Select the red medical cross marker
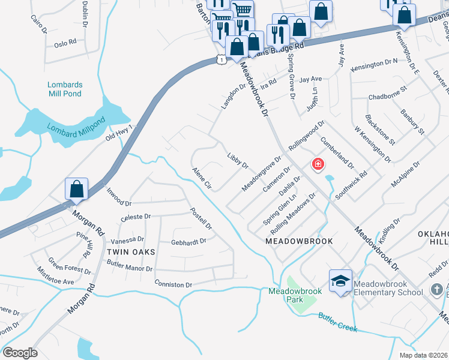(x=317, y=164)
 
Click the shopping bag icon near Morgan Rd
(x=77, y=189)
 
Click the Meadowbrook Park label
(x=295, y=295)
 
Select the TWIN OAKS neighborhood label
(x=131, y=252)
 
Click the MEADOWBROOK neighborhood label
(x=298, y=240)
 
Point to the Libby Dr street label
(x=238, y=160)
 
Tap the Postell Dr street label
(x=201, y=219)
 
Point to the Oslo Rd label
(x=65, y=43)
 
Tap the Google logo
(x=20, y=353)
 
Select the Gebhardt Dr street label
(x=188, y=241)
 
